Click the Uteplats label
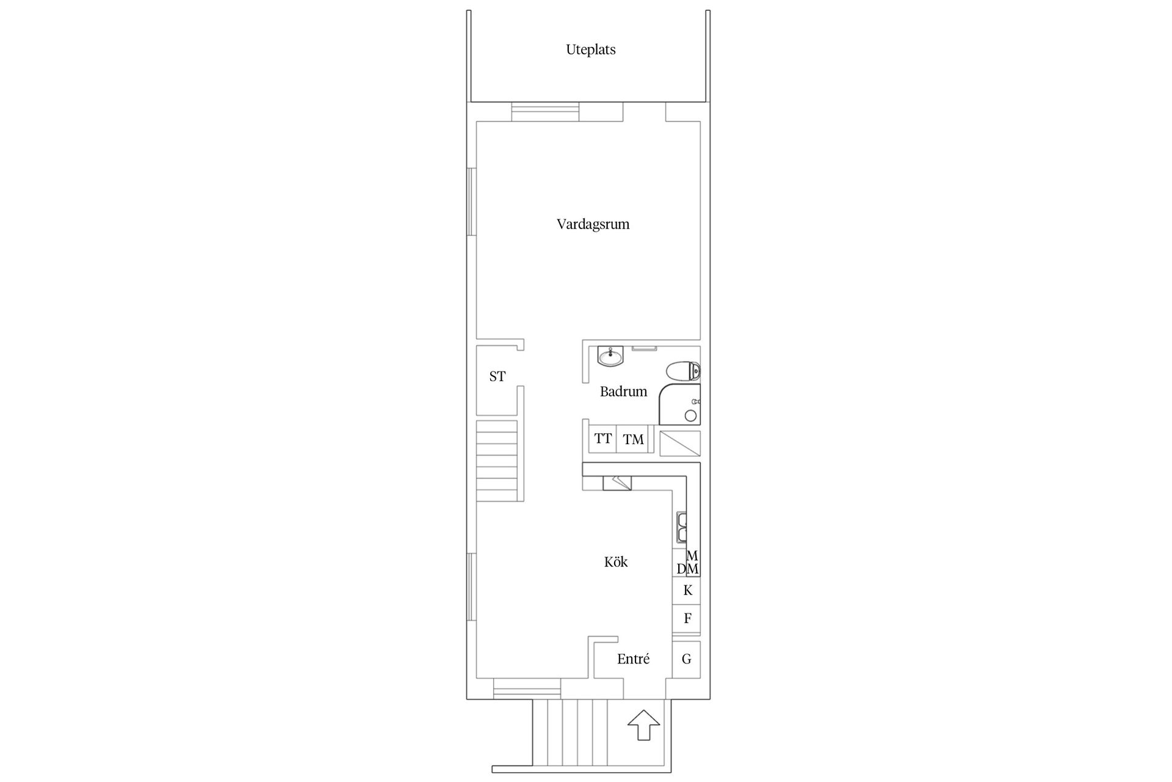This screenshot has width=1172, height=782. [590, 50]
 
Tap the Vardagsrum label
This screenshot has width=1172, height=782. [593, 224]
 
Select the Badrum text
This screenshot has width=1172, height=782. [623, 392]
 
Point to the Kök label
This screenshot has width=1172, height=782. [616, 561]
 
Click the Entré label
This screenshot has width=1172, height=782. [633, 659]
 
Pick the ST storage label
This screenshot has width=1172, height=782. [497, 376]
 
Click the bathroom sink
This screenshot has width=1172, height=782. [610, 356]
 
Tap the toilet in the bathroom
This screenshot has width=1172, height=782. [683, 371]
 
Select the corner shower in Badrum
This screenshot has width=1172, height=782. [680, 404]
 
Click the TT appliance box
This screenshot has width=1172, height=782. [603, 439]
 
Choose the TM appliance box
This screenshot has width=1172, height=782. [633, 439]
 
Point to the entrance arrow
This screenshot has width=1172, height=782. [643, 726]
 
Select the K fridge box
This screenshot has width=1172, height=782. [687, 590]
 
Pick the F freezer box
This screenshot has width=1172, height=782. [687, 618]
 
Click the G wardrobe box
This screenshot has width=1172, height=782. [687, 659]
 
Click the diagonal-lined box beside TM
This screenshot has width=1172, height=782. [680, 444]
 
